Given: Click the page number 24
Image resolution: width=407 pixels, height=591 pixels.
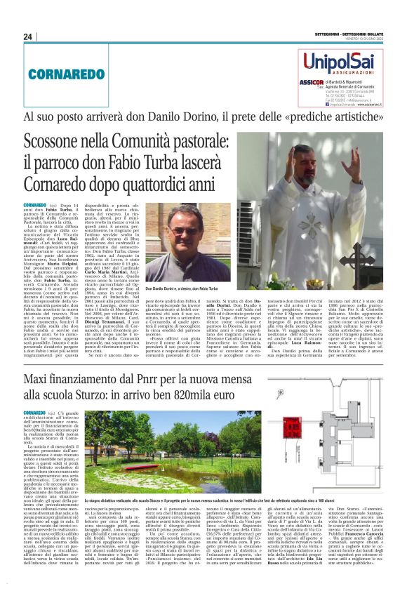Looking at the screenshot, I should tap(27, 36).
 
